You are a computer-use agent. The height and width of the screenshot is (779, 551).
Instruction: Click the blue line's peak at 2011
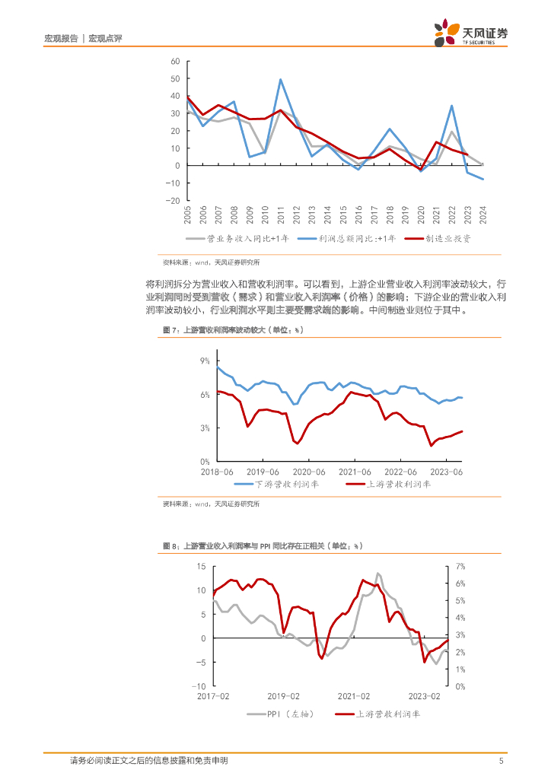point(281,79)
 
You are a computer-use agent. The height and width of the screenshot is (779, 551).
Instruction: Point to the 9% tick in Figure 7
point(205,361)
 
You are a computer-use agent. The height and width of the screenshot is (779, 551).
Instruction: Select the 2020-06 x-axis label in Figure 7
point(308,472)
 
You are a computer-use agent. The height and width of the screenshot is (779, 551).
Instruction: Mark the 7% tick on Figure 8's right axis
point(460,566)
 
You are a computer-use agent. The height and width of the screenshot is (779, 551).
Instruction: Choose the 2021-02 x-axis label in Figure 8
point(354,696)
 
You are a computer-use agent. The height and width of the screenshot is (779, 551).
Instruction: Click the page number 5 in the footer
point(501,761)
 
